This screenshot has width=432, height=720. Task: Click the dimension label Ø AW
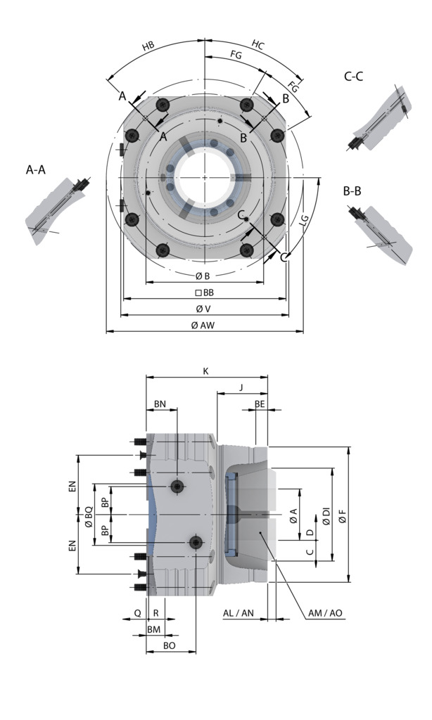(203, 326)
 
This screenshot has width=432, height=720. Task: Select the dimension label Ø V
(203, 309)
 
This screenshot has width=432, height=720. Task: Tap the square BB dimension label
(203, 292)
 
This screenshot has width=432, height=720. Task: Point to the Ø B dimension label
(203, 276)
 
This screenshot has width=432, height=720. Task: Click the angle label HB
(148, 46)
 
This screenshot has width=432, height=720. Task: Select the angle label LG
(305, 221)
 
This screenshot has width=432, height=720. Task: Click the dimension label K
(205, 371)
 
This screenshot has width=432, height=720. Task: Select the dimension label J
(241, 387)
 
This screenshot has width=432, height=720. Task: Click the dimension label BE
(260, 404)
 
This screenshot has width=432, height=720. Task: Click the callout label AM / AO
(325, 613)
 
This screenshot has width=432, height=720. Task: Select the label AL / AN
(238, 613)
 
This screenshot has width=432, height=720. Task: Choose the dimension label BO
(170, 645)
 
